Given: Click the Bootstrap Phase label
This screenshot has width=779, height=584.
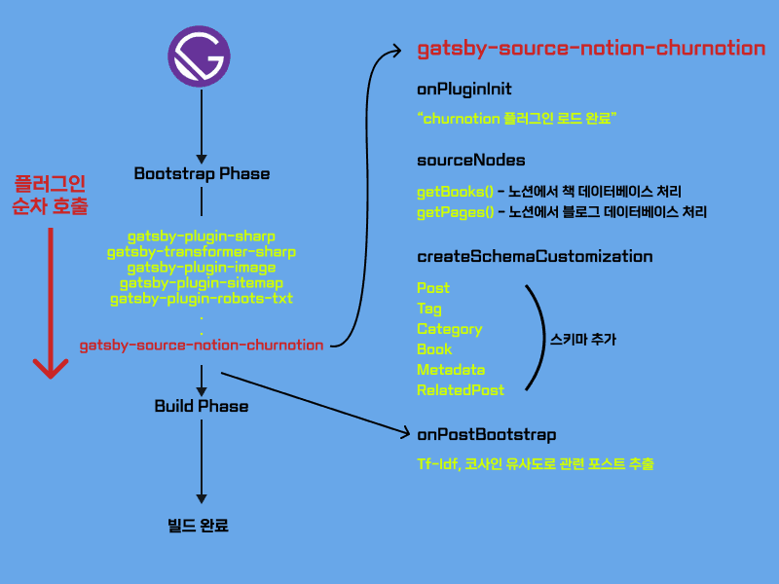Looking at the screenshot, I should [202, 174].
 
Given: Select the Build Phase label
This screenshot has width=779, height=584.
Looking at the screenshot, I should [202, 406].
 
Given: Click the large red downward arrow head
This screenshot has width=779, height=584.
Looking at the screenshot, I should [50, 368].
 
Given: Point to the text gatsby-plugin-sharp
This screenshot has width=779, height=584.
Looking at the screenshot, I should [202, 237].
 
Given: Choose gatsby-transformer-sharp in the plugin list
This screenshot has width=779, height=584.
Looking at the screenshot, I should [202, 252].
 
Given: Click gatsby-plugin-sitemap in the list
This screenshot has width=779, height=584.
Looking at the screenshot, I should [202, 283].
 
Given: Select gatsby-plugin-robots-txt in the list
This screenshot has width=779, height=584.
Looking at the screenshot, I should [202, 299].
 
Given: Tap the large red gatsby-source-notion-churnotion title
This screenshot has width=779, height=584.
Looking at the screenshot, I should [591, 49].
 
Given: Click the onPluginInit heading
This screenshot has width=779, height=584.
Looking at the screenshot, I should [458, 90].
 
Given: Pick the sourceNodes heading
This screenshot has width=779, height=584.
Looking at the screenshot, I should [458, 160].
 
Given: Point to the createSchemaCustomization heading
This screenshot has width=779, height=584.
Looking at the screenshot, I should [535, 257].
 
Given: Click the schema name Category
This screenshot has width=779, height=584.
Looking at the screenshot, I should [450, 329].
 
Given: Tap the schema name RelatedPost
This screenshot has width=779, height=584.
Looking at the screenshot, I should [461, 390].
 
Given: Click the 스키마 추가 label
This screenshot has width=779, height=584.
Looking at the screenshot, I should [583, 340].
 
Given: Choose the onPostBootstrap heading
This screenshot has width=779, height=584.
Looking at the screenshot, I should [487, 434].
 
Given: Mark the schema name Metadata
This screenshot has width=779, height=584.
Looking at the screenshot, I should [451, 370].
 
